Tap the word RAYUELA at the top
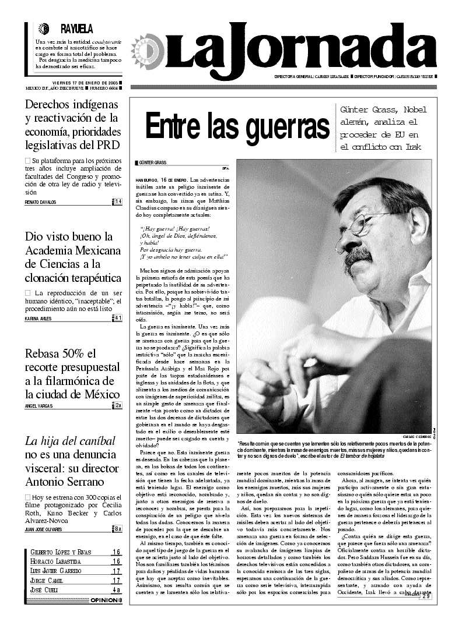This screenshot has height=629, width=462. tap(76, 29)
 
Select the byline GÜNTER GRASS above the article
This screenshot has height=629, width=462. tap(153, 162)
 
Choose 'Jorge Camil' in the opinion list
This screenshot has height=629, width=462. tap(47, 581)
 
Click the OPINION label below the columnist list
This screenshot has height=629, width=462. tap(103, 600)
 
